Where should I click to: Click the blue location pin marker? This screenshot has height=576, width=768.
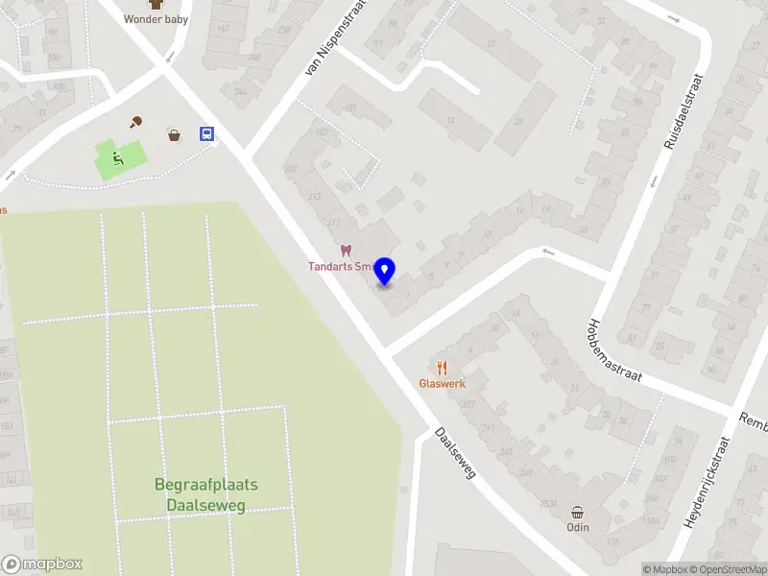(x=385, y=272)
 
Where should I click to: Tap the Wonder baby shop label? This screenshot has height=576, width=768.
(x=156, y=18)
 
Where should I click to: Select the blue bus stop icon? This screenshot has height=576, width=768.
(x=206, y=134)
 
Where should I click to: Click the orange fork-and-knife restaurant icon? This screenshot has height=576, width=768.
(x=442, y=367)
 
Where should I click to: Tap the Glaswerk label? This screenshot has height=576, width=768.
(x=442, y=383)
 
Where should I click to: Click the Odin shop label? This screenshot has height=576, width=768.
(x=577, y=527)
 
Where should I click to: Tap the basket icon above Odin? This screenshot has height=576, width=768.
(x=577, y=512)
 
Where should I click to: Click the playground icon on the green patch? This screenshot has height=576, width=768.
(x=117, y=158)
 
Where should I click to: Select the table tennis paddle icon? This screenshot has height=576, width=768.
(x=137, y=122)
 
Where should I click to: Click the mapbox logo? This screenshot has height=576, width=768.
(x=42, y=564)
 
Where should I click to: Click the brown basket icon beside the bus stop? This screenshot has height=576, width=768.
(x=175, y=134)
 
